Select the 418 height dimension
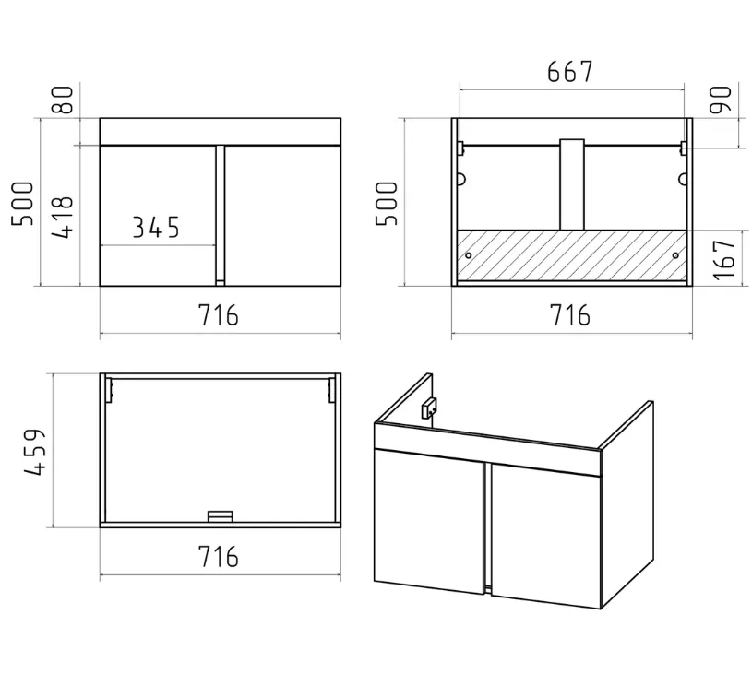point(63,218)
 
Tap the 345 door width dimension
point(155,227)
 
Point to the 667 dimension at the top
point(569,71)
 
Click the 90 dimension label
point(721,100)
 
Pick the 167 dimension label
point(724,259)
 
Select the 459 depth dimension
point(34,451)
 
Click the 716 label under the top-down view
point(218,556)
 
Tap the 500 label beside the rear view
point(387,203)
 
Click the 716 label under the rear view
point(569,315)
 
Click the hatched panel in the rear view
point(572,255)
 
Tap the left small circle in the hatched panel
point(468,255)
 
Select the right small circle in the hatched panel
point(675,255)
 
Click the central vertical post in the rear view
point(572,184)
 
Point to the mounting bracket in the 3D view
point(429,408)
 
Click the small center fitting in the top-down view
point(221,516)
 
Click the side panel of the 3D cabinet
point(627,504)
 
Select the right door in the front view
point(282,216)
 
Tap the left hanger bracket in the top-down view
point(110,390)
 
